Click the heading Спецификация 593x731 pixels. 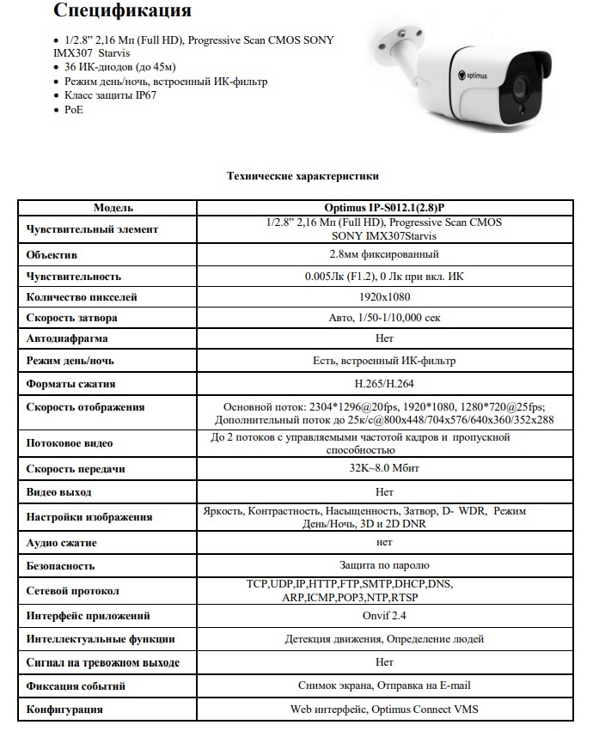pos(122,12)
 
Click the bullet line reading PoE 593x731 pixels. pos(74,109)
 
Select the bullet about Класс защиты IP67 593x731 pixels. pos(110,95)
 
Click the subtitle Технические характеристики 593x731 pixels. pos(302,175)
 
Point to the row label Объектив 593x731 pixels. pos(52,255)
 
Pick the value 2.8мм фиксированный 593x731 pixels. pos(384,255)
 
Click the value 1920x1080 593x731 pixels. pos(384,297)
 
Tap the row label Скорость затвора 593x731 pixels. pos(72,318)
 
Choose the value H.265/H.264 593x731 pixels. pos(384,384)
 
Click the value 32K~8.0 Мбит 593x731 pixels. pos(384,468)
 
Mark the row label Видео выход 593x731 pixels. pos(58,492)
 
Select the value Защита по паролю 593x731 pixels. pos(384,566)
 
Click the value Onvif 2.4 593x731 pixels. pos(384,616)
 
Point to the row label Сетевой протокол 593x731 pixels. pos(73,591)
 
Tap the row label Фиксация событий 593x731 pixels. pos(76,686)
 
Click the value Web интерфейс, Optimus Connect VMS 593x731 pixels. pos(384,710)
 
